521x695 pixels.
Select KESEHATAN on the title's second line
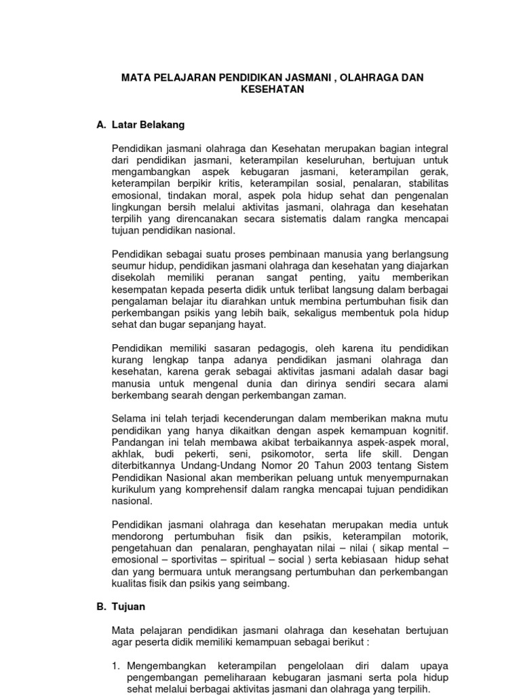(x=271, y=89)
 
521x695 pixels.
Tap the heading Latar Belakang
(x=146, y=126)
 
